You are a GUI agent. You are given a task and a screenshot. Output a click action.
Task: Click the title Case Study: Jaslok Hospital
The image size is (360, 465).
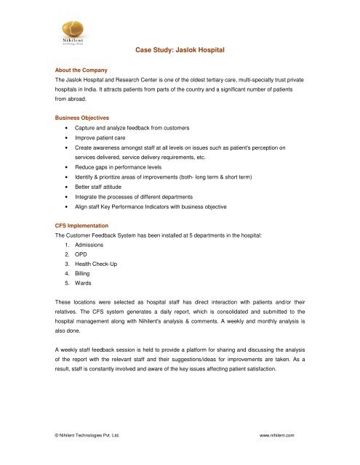[x=180, y=50]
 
